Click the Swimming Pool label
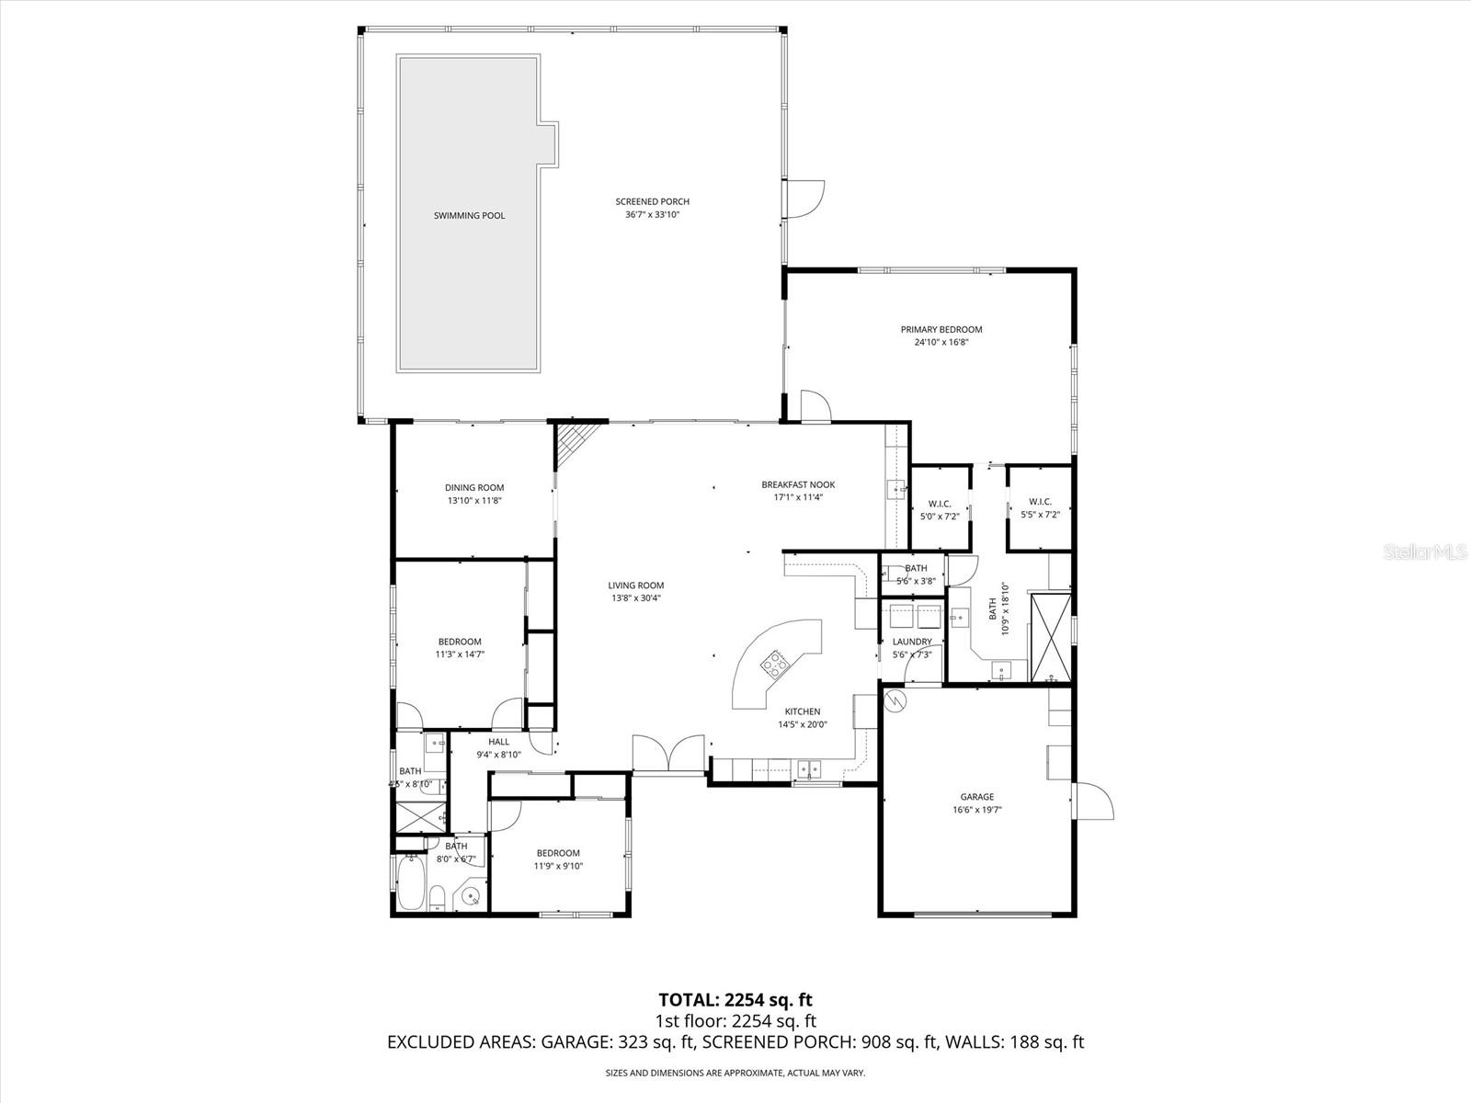tap(469, 216)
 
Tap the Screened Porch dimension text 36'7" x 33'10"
tap(652, 215)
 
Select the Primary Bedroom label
tap(941, 329)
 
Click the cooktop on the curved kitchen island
tap(774, 663)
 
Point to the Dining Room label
tap(474, 488)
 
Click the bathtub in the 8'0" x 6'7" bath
tap(412, 883)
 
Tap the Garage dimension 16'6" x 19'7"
tap(976, 811)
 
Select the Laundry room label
tap(912, 642)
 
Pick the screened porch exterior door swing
tap(804, 199)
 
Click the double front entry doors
tap(668, 755)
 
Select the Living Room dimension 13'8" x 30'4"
tap(635, 598)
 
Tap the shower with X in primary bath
tap(1050, 639)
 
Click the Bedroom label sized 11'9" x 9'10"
tap(558, 853)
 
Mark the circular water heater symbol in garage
tap(895, 702)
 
